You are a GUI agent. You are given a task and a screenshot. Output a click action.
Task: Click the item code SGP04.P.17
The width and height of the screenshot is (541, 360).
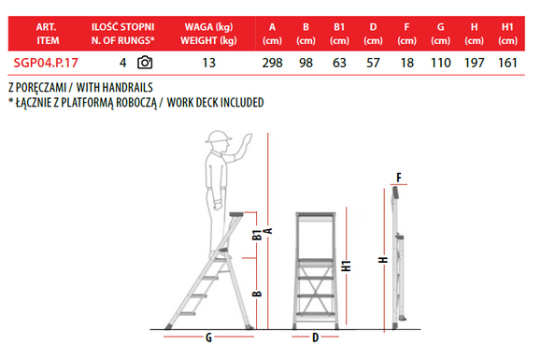pyautogui.click(x=46, y=63)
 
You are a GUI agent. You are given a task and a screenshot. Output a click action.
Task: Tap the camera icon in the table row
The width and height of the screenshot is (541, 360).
pyautogui.click(x=145, y=63)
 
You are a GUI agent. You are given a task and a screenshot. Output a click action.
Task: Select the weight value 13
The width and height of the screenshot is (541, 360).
pyautogui.click(x=208, y=63)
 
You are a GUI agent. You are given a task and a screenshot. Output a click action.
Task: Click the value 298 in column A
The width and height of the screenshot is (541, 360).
pyautogui.click(x=272, y=63)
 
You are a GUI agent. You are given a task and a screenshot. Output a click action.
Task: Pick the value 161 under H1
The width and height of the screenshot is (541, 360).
pyautogui.click(x=507, y=63)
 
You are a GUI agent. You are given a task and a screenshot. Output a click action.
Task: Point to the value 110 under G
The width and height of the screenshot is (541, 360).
pyautogui.click(x=441, y=63)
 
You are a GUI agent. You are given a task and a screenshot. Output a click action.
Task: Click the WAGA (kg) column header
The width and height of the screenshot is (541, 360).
pyautogui.click(x=208, y=27)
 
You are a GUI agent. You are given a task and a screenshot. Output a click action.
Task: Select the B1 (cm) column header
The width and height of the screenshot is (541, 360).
pyautogui.click(x=339, y=34)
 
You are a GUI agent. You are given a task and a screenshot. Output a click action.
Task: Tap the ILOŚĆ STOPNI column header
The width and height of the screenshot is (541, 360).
pyautogui.click(x=122, y=27)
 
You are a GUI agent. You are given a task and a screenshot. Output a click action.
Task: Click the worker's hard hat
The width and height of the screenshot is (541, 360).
pyautogui.click(x=218, y=137)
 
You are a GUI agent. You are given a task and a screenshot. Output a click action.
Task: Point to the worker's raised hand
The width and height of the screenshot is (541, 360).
pyautogui.click(x=247, y=141)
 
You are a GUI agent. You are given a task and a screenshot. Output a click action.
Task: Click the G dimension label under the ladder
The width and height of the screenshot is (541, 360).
pyautogui.click(x=208, y=338)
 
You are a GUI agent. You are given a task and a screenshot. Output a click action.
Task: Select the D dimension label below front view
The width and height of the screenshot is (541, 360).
pyautogui.click(x=315, y=338)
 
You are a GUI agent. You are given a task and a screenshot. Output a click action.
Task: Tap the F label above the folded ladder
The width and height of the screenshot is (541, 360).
pyautogui.click(x=399, y=178)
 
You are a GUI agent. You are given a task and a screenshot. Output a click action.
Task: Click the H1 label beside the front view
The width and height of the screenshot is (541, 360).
pyautogui.click(x=346, y=266)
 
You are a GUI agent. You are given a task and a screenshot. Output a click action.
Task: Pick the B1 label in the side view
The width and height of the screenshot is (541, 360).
pyautogui.click(x=257, y=235)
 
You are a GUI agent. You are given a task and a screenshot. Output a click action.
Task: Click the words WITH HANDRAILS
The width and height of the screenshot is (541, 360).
pyautogui.click(x=115, y=88)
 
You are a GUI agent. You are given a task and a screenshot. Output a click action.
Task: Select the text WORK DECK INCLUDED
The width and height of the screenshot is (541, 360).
pyautogui.click(x=215, y=103)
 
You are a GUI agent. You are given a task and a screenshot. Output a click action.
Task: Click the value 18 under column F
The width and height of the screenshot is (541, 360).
pyautogui.click(x=406, y=63)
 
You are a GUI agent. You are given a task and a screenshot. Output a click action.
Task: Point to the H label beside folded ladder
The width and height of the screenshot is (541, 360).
pyautogui.click(x=383, y=260)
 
